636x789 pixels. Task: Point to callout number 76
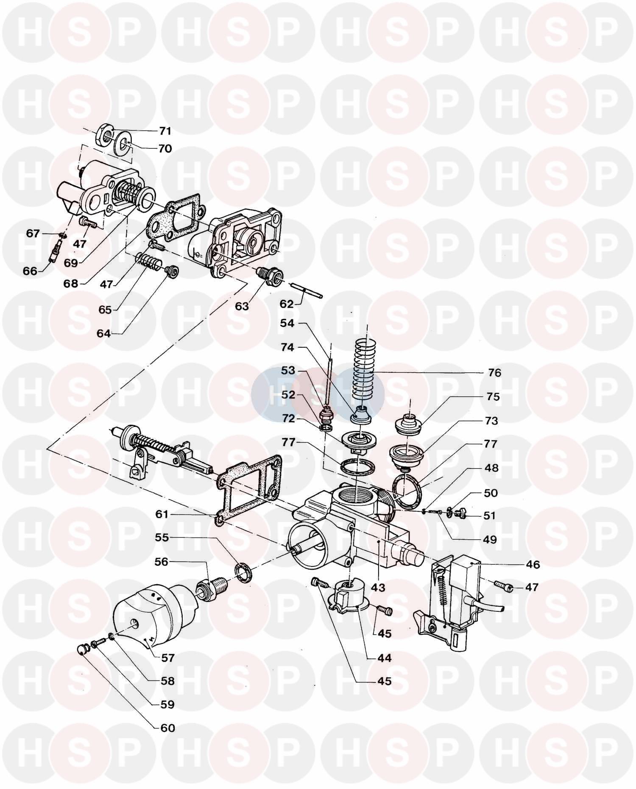click(x=494, y=373)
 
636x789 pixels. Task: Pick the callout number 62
click(x=287, y=304)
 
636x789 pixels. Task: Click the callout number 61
click(x=162, y=514)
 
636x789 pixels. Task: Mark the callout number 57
click(x=168, y=658)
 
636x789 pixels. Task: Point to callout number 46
click(x=533, y=565)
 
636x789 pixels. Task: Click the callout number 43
click(x=378, y=587)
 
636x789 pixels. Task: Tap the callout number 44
click(x=385, y=658)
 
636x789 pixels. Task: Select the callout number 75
click(x=493, y=397)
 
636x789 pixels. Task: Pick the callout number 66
click(x=31, y=270)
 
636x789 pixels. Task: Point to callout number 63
click(x=242, y=306)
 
